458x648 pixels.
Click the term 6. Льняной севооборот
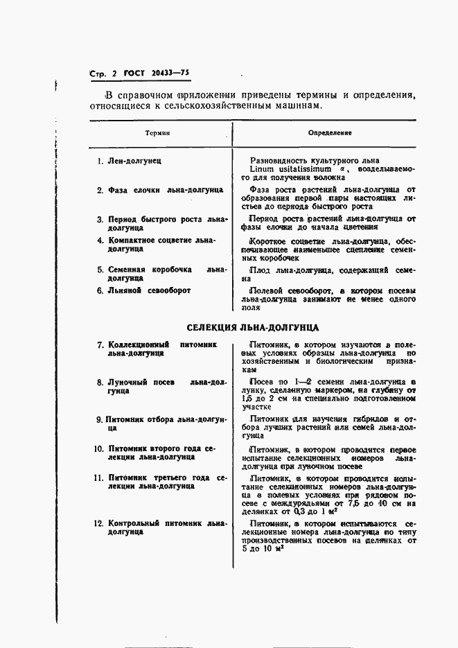[143, 290]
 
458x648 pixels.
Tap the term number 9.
[100, 419]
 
